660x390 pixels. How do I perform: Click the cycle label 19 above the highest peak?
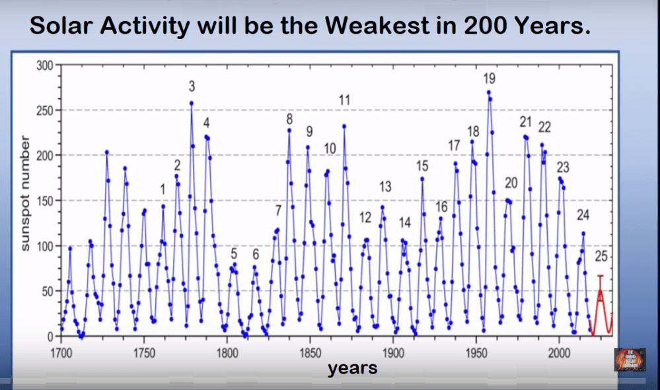[490, 79]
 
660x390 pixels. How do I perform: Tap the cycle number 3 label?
[192, 86]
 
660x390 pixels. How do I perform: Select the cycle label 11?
[344, 100]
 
